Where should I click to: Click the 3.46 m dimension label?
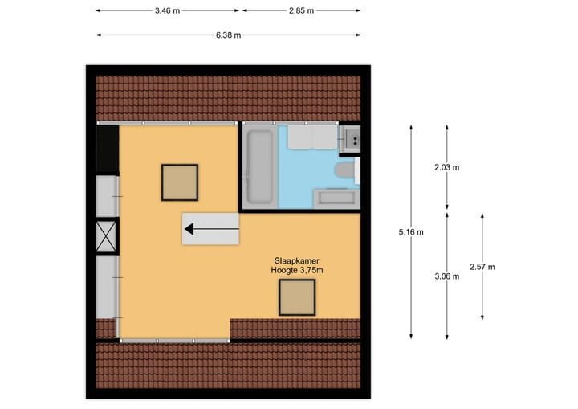pyautogui.click(x=167, y=10)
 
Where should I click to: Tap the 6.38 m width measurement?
pyautogui.click(x=228, y=35)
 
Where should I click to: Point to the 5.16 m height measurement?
pyautogui.click(x=411, y=232)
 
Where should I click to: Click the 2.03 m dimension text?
pyautogui.click(x=446, y=167)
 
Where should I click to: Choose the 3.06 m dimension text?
pyautogui.click(x=446, y=276)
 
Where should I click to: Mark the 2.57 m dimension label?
pyautogui.click(x=482, y=267)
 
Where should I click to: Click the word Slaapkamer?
pyautogui.click(x=296, y=261)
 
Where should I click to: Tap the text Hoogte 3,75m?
pyautogui.click(x=296, y=271)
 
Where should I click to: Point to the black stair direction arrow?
pyautogui.click(x=211, y=231)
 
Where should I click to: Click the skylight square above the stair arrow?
pyautogui.click(x=179, y=182)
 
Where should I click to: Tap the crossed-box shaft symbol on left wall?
pyautogui.click(x=107, y=236)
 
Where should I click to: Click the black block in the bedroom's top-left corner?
pyautogui.click(x=107, y=149)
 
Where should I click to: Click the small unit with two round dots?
pyautogui.click(x=350, y=138)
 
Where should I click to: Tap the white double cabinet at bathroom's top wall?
pyautogui.click(x=311, y=138)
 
